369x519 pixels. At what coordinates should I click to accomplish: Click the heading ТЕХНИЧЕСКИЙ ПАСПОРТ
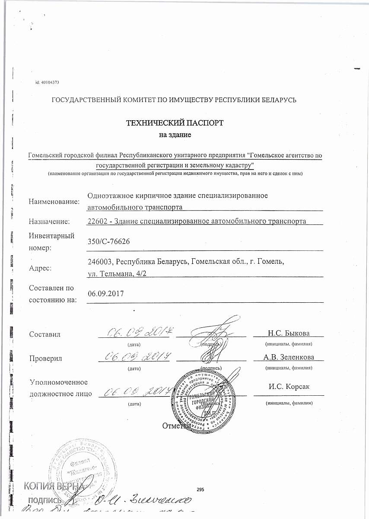point(175,123)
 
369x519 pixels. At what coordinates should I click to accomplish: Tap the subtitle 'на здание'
point(175,135)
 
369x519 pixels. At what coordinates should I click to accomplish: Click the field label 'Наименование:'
point(54,202)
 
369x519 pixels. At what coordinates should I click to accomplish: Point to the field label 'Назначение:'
point(49,222)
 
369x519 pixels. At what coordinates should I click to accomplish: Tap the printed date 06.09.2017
point(106,294)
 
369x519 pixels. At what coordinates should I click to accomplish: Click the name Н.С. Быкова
point(288,333)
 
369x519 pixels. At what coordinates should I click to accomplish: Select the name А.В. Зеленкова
point(288,357)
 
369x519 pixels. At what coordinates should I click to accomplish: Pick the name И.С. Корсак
point(288,387)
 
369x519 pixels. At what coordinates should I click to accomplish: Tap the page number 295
point(200,489)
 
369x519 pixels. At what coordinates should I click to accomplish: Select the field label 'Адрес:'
point(40,268)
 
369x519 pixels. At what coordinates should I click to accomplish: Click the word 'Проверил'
point(45,359)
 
